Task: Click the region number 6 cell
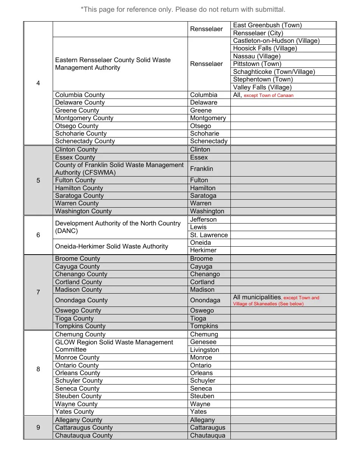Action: coord(38,235)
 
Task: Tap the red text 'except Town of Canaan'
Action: coord(268,95)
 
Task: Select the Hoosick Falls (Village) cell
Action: coord(265,48)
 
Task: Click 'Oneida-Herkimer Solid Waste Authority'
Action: coord(111,247)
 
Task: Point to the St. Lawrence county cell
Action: coord(209,235)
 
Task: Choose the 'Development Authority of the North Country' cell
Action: coord(117,227)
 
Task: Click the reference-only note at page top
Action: coord(183,9)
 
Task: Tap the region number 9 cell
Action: coord(38,428)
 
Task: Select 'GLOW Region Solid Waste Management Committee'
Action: coord(114,346)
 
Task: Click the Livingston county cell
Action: coord(205,350)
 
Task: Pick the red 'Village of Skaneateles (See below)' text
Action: coord(268,304)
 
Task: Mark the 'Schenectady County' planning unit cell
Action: coord(85,141)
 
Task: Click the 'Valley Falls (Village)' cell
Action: coord(262,87)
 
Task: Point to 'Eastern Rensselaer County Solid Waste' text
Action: coord(113,60)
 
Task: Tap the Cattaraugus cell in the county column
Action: coord(208,428)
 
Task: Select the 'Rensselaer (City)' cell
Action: coord(258,33)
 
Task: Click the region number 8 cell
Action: coord(38,369)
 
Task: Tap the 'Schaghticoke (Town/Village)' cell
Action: coord(274,72)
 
